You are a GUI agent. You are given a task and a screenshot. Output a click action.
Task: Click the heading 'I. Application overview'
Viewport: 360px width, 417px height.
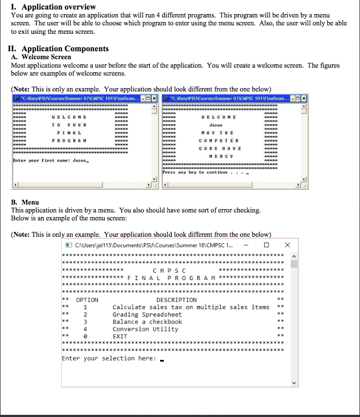pos(53,7)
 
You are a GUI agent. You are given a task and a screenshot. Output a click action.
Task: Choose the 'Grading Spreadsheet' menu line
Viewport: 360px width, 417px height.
pos(147,314)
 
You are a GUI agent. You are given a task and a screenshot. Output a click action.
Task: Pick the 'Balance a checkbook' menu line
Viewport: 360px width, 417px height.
pos(147,322)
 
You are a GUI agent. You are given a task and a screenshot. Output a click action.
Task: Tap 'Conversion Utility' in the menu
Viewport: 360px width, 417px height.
pos(145,329)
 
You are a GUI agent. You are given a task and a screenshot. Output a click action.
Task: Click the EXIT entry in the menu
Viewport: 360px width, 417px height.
pos(120,336)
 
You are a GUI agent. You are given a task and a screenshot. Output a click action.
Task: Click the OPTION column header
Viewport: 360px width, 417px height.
pos(87,300)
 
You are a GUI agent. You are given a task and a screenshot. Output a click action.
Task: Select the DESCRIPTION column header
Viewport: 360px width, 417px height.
pos(176,300)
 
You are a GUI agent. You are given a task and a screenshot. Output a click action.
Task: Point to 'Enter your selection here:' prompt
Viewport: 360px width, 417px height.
pos(109,358)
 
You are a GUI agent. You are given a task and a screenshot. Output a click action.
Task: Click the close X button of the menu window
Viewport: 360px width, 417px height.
pos(287,245)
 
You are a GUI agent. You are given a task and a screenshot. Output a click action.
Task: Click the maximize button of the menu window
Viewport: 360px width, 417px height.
pos(266,245)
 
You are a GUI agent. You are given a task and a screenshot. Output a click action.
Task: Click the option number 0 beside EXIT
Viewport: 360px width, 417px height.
pos(85,336)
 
